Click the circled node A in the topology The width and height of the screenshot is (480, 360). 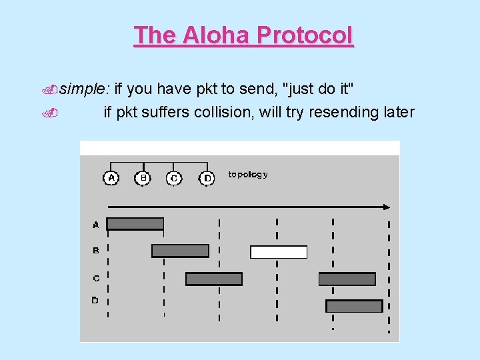[111, 178]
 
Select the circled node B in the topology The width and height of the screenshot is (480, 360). [143, 178]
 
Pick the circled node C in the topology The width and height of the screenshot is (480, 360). [174, 178]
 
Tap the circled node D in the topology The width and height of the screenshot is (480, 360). [207, 178]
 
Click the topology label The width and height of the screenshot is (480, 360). [248, 175]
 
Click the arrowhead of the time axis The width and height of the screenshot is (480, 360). [389, 207]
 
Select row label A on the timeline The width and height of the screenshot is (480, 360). [95, 225]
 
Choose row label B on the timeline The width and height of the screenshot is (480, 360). [95, 251]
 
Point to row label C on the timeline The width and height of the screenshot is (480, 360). [95, 278]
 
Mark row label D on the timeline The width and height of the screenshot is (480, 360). [95, 301]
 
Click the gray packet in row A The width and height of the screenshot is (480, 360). [135, 224]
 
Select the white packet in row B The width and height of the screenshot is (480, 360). [279, 252]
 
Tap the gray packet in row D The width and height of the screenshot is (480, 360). [354, 306]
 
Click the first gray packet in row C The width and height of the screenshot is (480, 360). [213, 279]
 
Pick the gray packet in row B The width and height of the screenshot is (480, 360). [180, 251]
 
